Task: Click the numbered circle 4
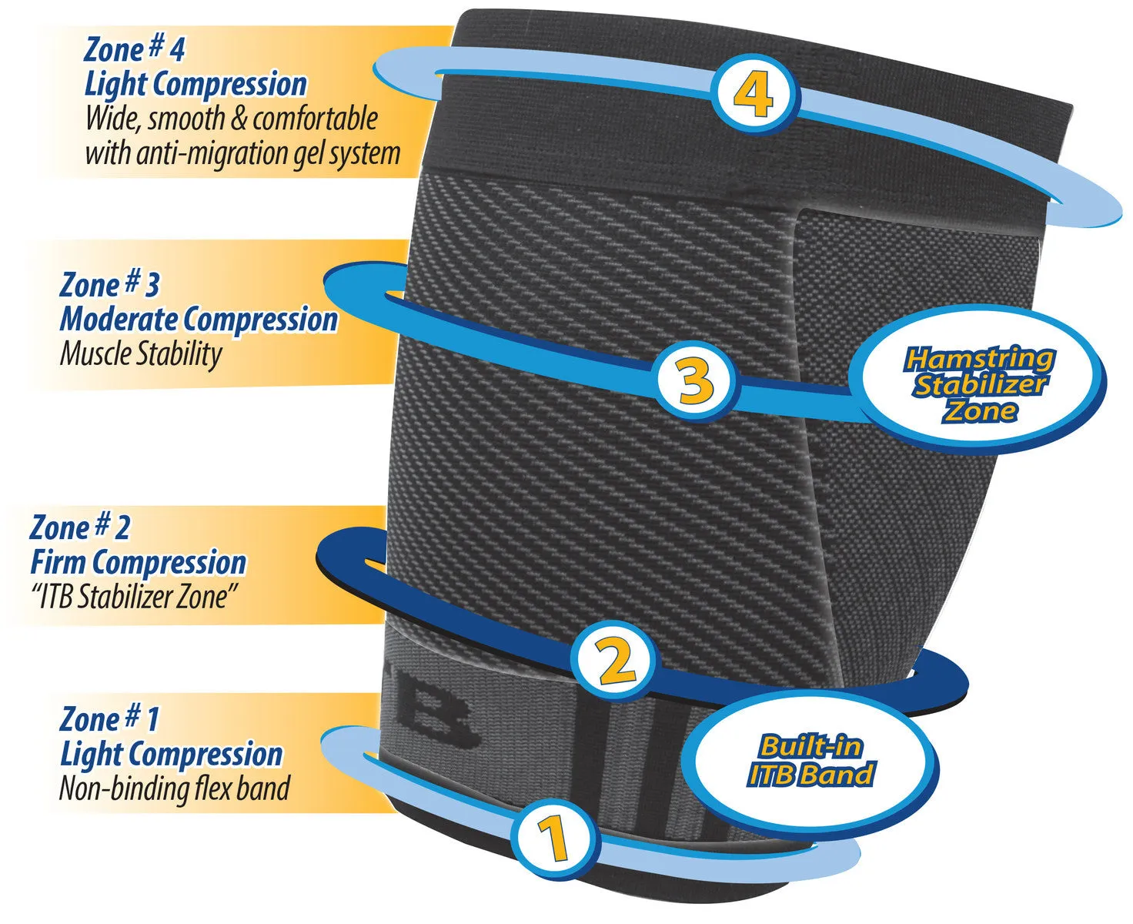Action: coord(754,95)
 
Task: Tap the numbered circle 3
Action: coord(695,380)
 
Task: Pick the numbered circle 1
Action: coord(553,839)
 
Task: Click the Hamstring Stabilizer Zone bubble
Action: coord(979,383)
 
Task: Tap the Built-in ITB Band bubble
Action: coord(810,761)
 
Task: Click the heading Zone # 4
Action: coord(135,49)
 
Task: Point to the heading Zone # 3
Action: coord(109,284)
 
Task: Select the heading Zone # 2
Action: coord(80,527)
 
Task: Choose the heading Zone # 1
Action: coord(109,719)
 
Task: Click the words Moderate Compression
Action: coord(199,319)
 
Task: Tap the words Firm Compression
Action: coord(138,562)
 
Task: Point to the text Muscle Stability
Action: coord(141,354)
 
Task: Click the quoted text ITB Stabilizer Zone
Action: coord(135,597)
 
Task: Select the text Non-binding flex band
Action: coord(175,788)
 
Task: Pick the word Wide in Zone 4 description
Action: coord(111,119)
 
